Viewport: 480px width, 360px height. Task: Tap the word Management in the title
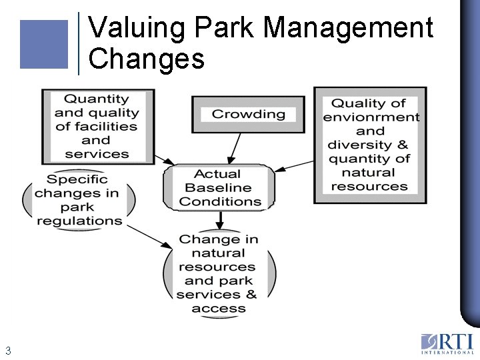[348, 28]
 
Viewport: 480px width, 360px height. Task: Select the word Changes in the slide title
[146, 59]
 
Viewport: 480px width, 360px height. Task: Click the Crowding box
[248, 114]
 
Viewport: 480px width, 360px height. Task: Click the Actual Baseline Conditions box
[220, 188]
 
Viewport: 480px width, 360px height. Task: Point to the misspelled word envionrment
[371, 117]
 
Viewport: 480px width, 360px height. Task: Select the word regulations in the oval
[79, 221]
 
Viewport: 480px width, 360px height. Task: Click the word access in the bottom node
[219, 309]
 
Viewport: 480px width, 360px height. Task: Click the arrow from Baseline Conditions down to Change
[220, 221]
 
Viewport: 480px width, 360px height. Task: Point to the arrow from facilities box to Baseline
[163, 159]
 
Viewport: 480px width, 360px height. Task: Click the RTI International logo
[447, 343]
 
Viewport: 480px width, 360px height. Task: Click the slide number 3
[8, 350]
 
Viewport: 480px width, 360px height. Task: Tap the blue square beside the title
[44, 44]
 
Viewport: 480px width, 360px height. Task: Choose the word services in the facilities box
[96, 154]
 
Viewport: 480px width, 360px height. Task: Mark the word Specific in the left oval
[77, 179]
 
